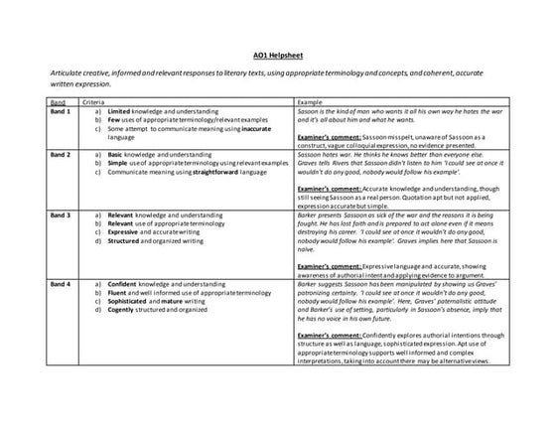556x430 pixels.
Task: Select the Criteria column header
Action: [95, 101]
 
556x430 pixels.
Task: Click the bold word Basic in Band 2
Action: [117, 156]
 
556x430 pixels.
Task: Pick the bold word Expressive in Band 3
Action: [125, 228]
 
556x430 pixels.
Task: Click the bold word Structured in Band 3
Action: [125, 237]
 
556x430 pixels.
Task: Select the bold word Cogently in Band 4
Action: [123, 308]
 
